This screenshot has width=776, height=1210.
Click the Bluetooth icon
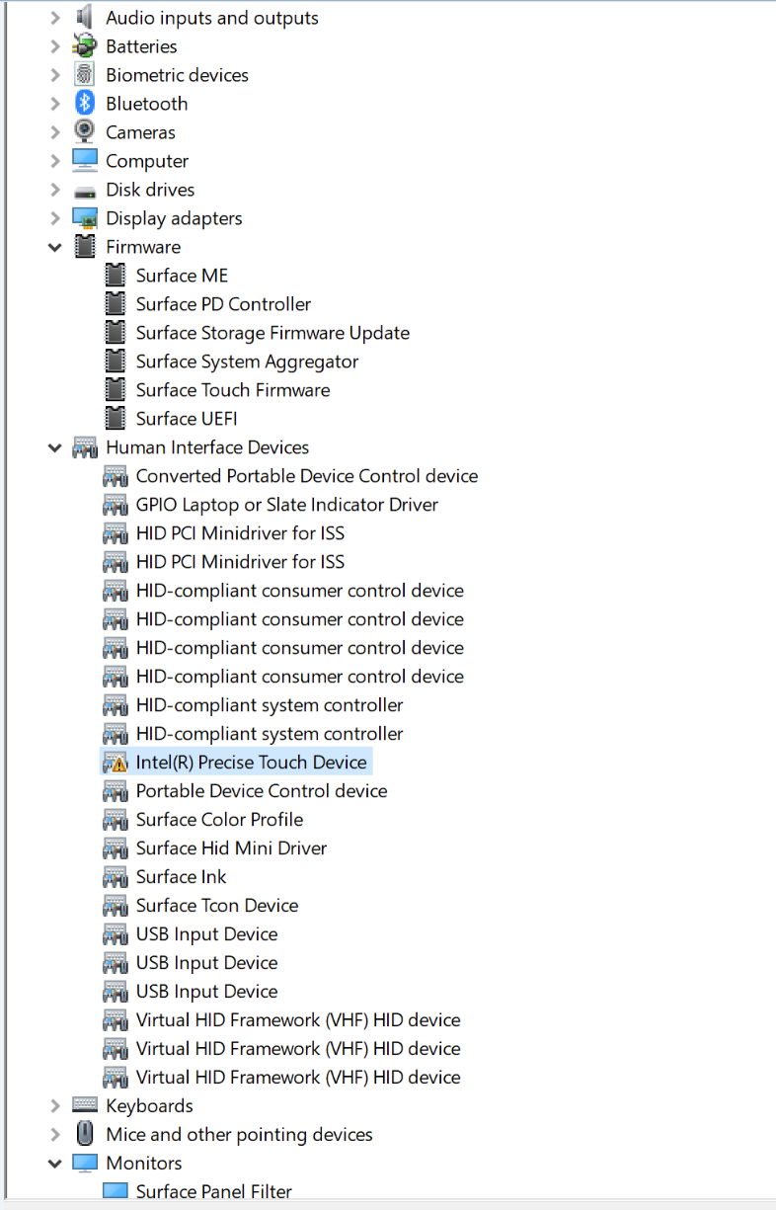pyautogui.click(x=85, y=103)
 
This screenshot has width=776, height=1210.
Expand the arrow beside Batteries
pyautogui.click(x=55, y=47)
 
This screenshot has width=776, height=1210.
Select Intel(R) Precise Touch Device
pyautogui.click(x=251, y=763)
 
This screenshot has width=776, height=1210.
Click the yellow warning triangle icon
pyautogui.click(x=118, y=765)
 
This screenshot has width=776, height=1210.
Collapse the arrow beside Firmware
pyautogui.click(x=55, y=247)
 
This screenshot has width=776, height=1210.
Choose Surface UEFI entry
pyautogui.click(x=187, y=419)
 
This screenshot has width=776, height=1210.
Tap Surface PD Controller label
pyautogui.click(x=223, y=304)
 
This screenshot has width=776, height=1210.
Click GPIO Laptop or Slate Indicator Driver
pyautogui.click(x=286, y=505)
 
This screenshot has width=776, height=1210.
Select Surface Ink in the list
pyautogui.click(x=181, y=877)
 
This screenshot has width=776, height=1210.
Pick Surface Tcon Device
pyautogui.click(x=217, y=906)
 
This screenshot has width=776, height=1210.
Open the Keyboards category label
pyautogui.click(x=150, y=1105)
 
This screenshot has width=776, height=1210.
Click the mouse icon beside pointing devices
pyautogui.click(x=85, y=1133)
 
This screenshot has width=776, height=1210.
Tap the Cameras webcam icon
pyautogui.click(x=85, y=131)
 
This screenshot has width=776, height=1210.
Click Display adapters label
pyautogui.click(x=174, y=218)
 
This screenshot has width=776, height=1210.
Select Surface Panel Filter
pyautogui.click(x=214, y=1191)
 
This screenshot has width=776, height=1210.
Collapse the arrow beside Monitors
pyautogui.click(x=55, y=1163)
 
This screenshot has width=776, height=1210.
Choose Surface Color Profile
pyautogui.click(x=219, y=820)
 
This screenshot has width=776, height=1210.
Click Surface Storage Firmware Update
pyautogui.click(x=272, y=333)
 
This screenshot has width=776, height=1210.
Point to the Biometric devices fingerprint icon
pyautogui.click(x=85, y=74)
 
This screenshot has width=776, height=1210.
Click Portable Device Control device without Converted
pyautogui.click(x=262, y=791)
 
